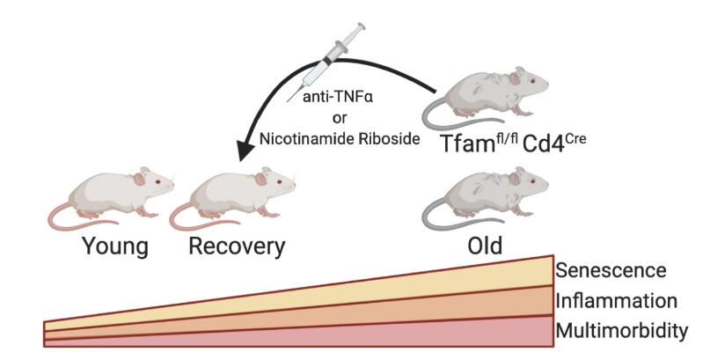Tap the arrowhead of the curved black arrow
pyautogui.click(x=250, y=151)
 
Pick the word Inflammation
pyautogui.click(x=617, y=300)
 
